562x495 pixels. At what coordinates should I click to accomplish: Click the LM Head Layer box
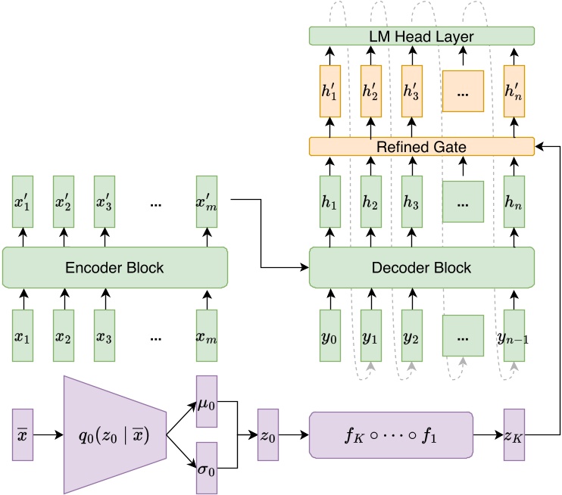422,36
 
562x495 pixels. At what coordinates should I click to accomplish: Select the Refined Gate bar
422,146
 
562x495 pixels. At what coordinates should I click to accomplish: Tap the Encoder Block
115,267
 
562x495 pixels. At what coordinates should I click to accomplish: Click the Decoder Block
422,267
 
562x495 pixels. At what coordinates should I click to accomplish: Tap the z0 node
268,436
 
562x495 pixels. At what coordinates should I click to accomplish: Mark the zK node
514,436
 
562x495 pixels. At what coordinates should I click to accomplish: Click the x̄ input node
23,436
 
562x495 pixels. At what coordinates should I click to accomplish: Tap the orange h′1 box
329,91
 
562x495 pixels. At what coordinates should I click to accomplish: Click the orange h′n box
514,91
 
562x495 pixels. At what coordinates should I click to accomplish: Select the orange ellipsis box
463,91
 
